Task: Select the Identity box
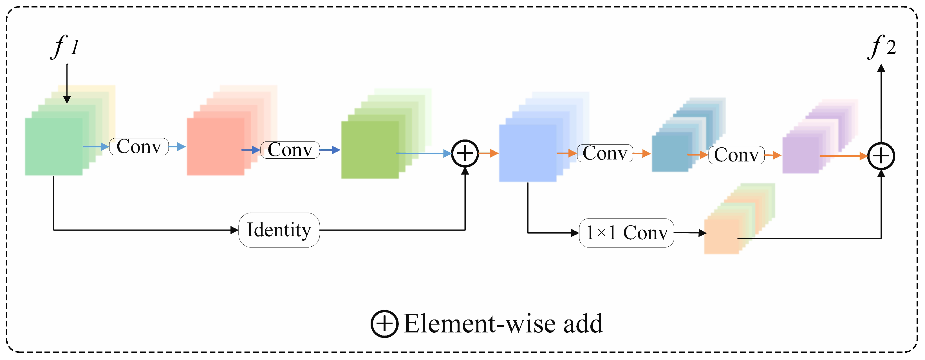[x=279, y=230]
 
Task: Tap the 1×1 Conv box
[x=627, y=233]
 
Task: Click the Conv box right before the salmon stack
[x=139, y=147]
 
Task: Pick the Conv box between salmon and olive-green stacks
[x=290, y=150]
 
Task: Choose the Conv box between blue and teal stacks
[x=605, y=153]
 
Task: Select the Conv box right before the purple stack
[x=736, y=155]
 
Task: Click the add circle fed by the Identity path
[x=465, y=154]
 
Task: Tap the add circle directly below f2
[x=881, y=156]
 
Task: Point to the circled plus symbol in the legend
[x=385, y=324]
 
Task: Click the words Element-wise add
[x=503, y=324]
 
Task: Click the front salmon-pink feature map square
[x=216, y=147]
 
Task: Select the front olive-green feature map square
[x=370, y=150]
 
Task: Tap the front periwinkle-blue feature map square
[x=528, y=153]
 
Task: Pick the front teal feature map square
[x=670, y=152]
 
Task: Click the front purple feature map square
[x=801, y=155]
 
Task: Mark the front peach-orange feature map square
[x=722, y=237]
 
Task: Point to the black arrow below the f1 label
[x=67, y=84]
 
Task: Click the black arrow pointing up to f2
[x=881, y=103]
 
